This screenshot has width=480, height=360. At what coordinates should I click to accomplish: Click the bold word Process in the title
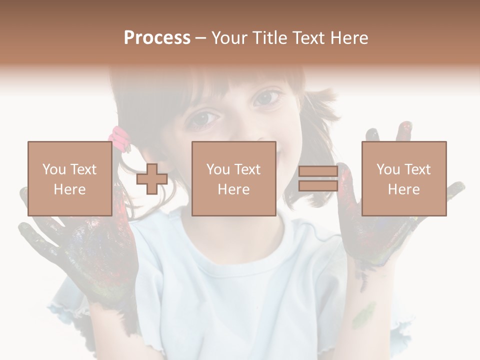[x=157, y=38]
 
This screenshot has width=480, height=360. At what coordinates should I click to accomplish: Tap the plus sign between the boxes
[x=152, y=179]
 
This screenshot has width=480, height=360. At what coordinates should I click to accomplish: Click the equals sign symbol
[x=318, y=178]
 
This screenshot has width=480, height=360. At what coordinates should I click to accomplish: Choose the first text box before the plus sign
[x=69, y=178]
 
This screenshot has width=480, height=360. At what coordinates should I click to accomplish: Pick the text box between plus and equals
[x=233, y=178]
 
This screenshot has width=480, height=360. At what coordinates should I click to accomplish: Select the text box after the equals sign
[x=403, y=178]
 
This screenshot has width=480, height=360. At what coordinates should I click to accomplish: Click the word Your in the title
[x=228, y=38]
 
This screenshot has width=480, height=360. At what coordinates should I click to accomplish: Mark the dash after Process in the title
[x=200, y=38]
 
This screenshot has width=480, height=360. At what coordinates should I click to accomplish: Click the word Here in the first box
[x=69, y=189]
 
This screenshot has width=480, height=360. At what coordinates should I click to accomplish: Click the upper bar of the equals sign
[x=318, y=171]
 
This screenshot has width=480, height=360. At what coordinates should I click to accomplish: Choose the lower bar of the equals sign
[x=318, y=185]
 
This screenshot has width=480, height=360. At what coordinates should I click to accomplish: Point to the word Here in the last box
[x=403, y=189]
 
